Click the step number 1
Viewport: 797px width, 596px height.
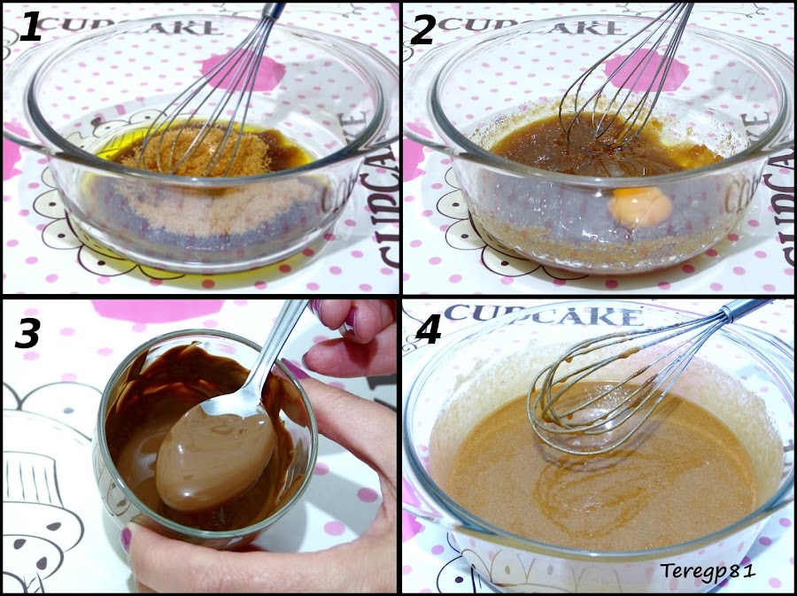pos(32,29)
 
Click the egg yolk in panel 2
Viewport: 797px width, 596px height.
pos(638,205)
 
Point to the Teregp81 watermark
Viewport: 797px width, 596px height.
pos(708,569)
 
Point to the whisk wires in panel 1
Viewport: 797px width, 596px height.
pos(221,106)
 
